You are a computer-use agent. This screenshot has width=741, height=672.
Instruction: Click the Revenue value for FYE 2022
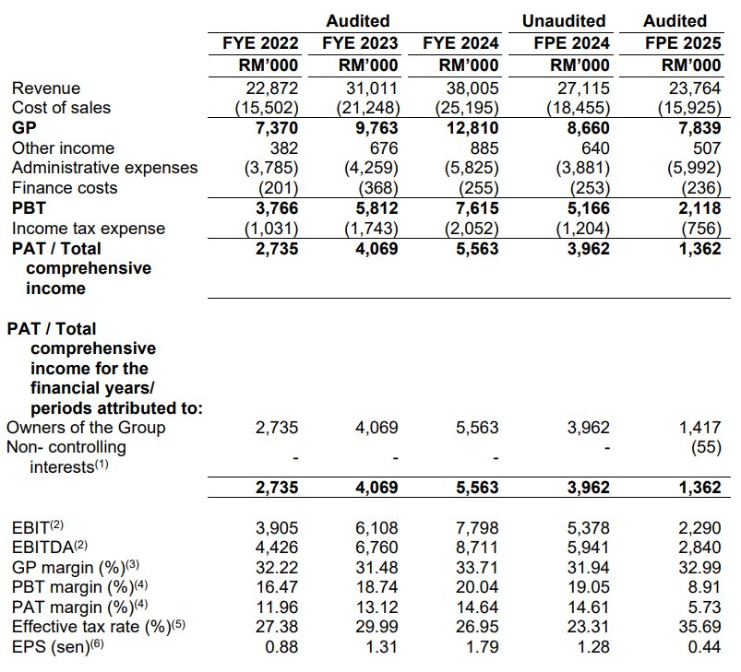[272, 88]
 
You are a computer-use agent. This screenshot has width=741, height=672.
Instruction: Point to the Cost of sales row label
[61, 108]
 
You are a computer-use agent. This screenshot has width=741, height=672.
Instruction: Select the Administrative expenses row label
[104, 168]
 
